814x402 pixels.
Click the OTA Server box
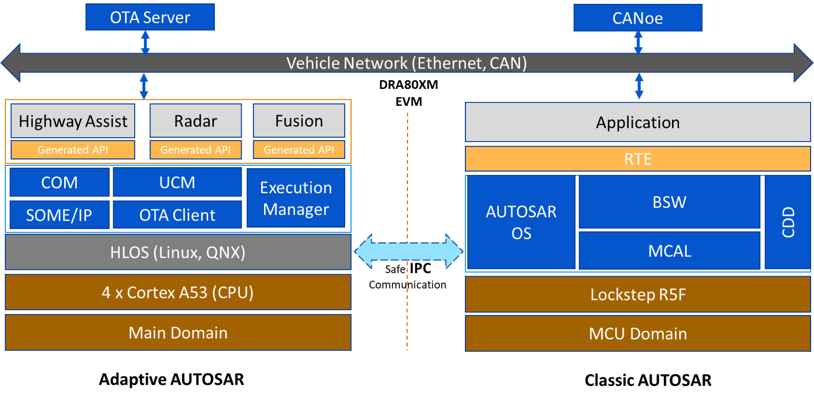tap(150, 17)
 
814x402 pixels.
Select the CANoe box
tap(637, 18)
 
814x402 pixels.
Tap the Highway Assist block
tap(73, 121)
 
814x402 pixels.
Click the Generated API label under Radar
tap(195, 150)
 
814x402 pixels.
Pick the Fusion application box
tap(299, 121)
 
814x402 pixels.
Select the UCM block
tap(177, 182)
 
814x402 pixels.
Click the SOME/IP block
tap(59, 215)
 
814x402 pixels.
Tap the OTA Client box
tap(177, 215)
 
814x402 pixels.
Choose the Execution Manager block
tap(296, 198)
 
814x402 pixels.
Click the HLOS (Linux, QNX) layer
tap(178, 252)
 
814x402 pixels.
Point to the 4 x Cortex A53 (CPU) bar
tap(178, 292)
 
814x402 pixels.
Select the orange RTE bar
tap(637, 159)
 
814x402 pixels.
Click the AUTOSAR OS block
tap(521, 222)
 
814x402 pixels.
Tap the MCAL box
tap(669, 251)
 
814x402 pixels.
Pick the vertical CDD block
tap(787, 222)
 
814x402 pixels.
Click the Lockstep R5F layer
tap(637, 295)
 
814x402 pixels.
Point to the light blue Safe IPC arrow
tap(408, 251)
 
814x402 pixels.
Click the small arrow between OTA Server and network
tap(145, 43)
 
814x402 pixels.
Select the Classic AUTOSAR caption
tap(648, 380)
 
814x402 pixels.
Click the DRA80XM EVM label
tap(408, 93)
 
